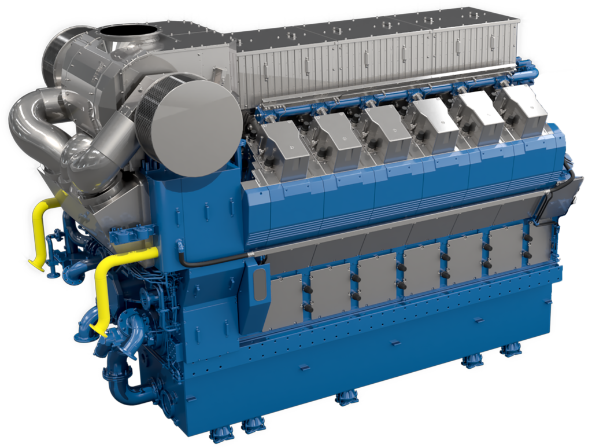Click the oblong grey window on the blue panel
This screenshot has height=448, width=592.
261,284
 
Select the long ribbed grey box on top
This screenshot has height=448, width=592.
376,55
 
